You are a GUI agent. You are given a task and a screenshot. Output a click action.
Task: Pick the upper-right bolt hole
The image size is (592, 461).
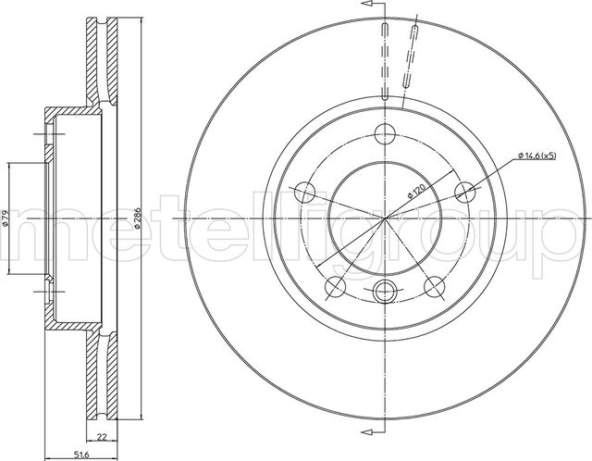click(467, 192)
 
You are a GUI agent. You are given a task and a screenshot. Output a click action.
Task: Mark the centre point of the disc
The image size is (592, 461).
click(385, 219)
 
